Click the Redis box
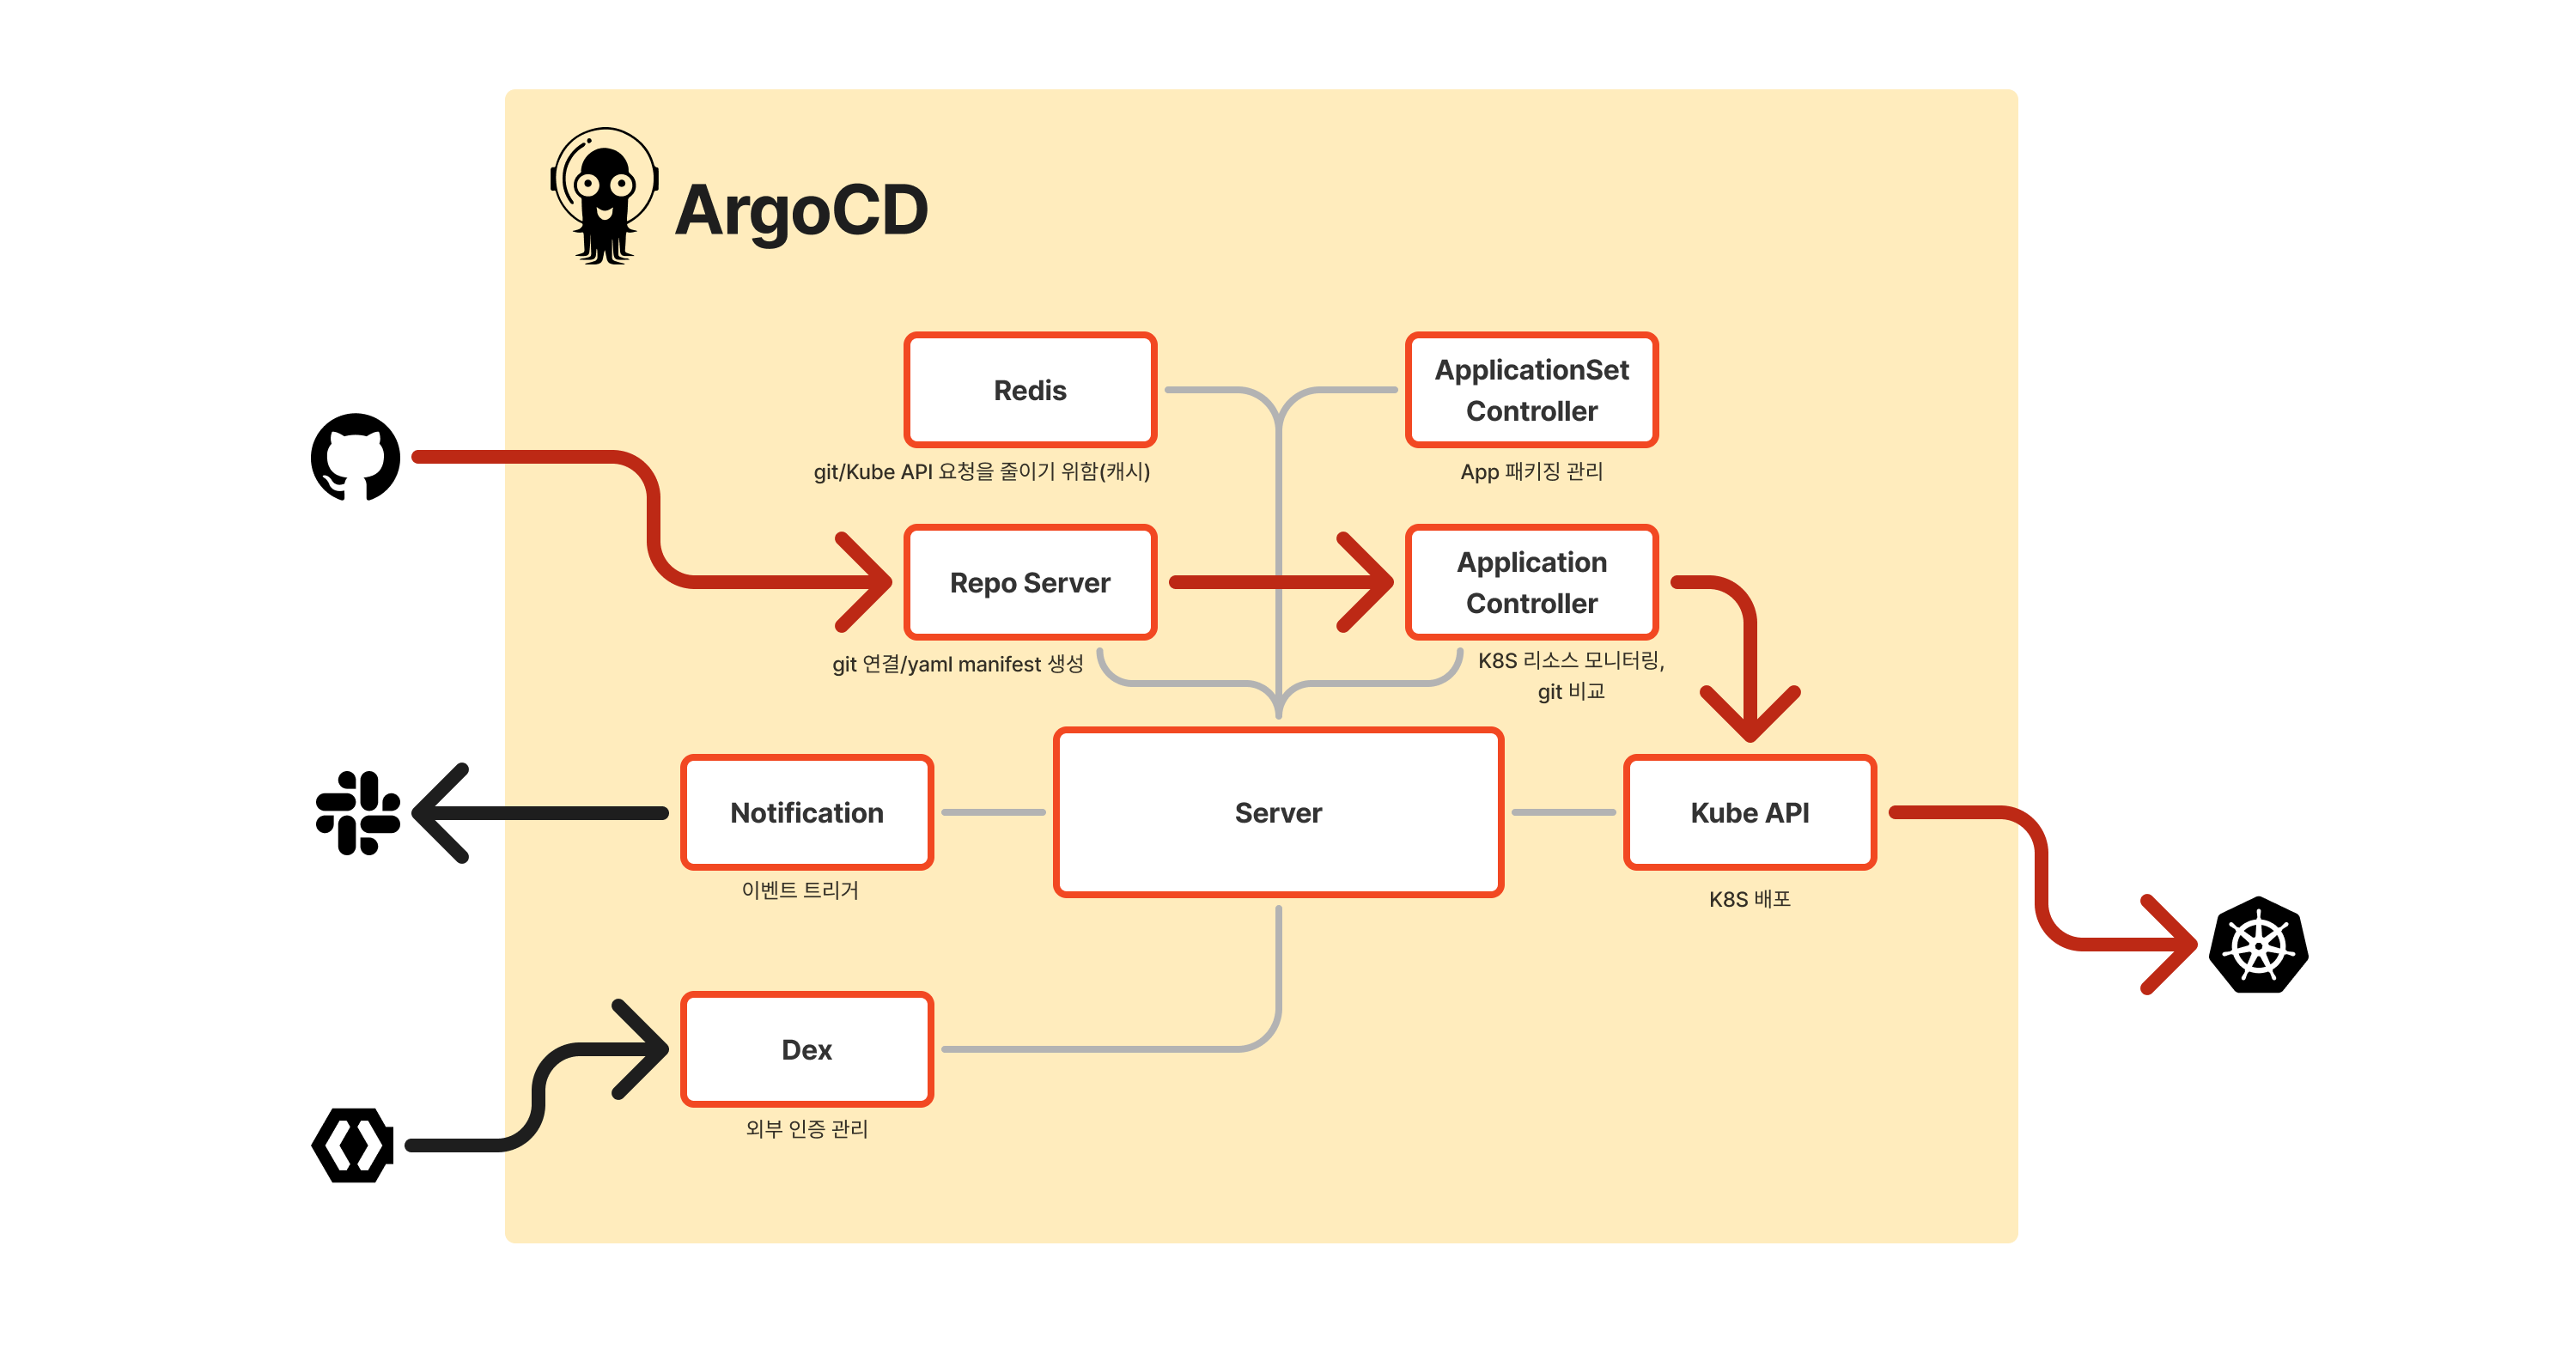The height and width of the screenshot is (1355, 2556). point(1030,390)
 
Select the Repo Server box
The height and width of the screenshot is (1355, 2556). point(1030,582)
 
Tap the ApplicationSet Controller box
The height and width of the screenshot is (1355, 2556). point(1531,390)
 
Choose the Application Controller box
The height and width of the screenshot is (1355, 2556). point(1531,582)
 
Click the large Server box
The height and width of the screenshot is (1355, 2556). point(1278,812)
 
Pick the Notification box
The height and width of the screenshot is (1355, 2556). point(806,812)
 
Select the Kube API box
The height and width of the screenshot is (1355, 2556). point(1750,812)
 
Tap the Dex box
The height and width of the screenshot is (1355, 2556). point(806,1049)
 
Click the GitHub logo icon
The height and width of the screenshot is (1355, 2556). point(356,458)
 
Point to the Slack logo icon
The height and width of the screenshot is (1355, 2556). point(357,812)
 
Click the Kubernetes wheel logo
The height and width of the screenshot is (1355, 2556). point(2258,945)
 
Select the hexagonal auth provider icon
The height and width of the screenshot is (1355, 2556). point(353,1145)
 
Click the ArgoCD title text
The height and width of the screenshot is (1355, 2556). point(800,211)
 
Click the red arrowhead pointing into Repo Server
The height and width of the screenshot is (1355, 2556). point(868,582)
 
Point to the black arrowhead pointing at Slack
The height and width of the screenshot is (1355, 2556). point(436,812)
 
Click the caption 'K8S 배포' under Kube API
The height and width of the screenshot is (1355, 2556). point(1750,900)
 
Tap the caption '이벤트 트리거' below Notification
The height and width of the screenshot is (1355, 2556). point(800,890)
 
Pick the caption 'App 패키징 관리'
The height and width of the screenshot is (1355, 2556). point(1531,472)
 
